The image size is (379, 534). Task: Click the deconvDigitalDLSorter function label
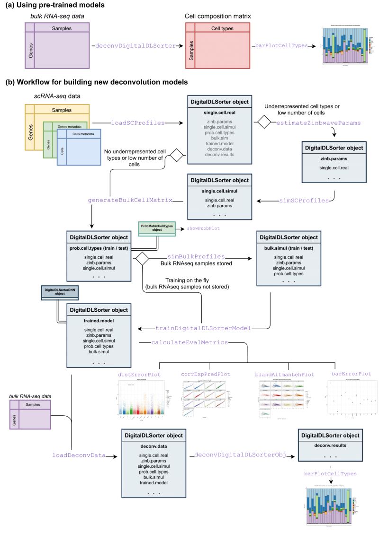coord(135,46)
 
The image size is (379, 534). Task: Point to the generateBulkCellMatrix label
coord(129,201)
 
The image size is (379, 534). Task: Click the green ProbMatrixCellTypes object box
coord(156,228)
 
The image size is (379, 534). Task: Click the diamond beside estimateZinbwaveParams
coord(263,123)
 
